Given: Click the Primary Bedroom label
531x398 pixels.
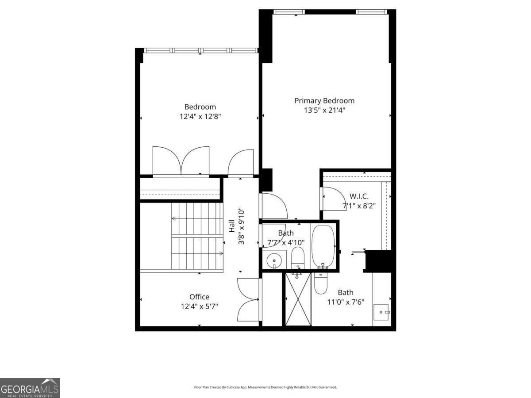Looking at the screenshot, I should [x=324, y=101].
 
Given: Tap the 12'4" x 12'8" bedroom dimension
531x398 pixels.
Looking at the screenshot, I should [x=200, y=117].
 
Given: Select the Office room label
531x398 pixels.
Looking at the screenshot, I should [x=199, y=297].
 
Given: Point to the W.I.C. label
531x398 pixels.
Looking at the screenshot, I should [x=359, y=196].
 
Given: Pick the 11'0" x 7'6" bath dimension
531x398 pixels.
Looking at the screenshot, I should [x=346, y=302].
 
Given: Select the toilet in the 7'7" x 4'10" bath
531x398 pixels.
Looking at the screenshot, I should [x=298, y=257].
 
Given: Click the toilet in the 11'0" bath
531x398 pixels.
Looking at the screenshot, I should [x=320, y=283].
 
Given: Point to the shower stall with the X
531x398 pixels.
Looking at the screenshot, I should [x=298, y=300].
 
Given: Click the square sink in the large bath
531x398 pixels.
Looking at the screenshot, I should [x=381, y=312].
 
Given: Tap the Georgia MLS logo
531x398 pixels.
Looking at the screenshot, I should [x=30, y=388].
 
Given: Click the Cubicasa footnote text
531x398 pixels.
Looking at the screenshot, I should [x=265, y=387].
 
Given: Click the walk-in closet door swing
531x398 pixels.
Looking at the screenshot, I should [x=333, y=199].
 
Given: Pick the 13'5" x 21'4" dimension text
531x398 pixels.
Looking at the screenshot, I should [x=324, y=111].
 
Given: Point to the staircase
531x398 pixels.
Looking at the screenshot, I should [x=197, y=236].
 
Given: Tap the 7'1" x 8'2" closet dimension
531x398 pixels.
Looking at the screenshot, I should [x=359, y=206].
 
